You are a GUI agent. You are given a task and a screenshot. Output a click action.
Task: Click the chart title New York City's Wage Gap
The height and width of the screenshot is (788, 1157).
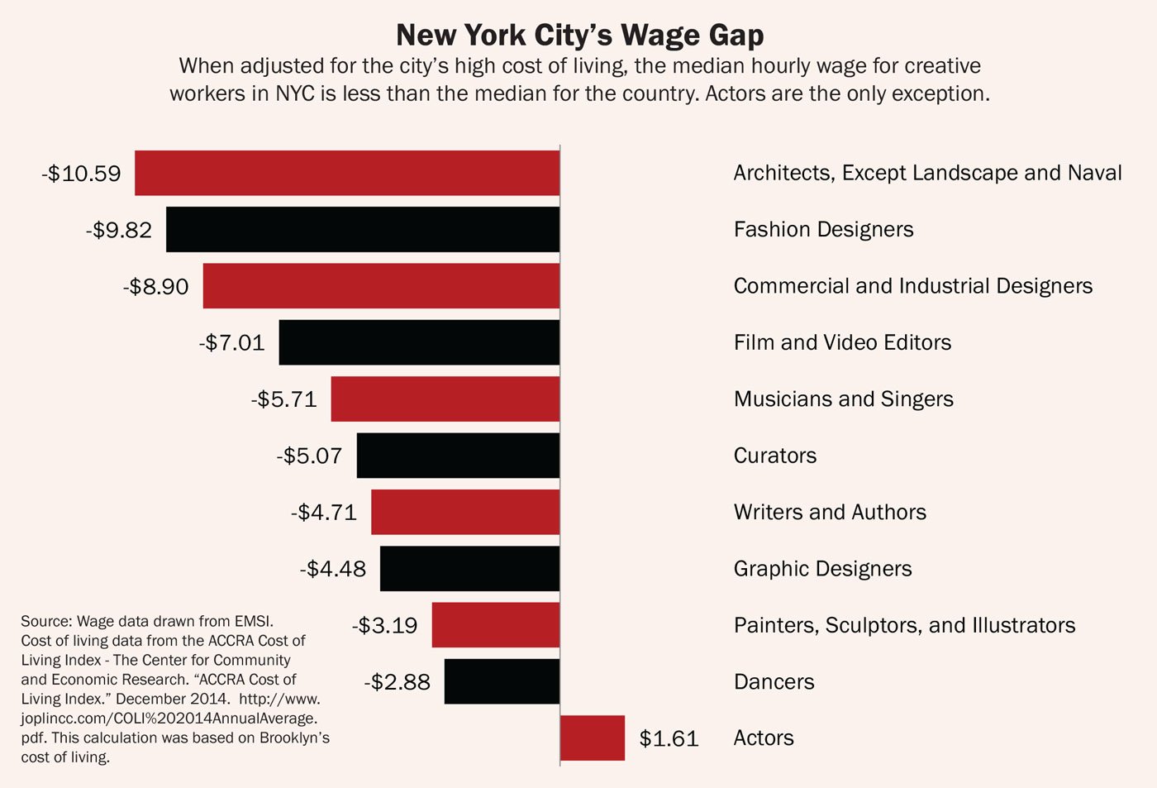pyautogui.click(x=579, y=35)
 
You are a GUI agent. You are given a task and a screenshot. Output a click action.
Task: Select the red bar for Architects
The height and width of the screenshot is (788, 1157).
pyautogui.click(x=347, y=173)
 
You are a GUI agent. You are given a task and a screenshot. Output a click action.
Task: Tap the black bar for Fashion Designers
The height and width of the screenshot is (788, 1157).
pyautogui.click(x=363, y=229)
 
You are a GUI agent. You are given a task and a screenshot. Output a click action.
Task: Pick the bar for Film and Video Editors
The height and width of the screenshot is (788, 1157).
pyautogui.click(x=419, y=342)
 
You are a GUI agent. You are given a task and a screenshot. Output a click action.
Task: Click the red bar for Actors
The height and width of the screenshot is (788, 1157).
pyautogui.click(x=593, y=738)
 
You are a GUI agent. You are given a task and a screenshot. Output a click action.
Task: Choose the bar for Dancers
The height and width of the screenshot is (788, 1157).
pyautogui.click(x=502, y=681)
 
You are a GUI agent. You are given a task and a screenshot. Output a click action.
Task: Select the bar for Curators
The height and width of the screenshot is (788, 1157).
pyautogui.click(x=458, y=456)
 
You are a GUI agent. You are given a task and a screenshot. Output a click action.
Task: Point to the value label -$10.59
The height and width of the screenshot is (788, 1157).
pyautogui.click(x=81, y=174)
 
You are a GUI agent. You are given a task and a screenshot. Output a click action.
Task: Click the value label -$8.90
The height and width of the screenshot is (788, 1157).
pyautogui.click(x=155, y=287)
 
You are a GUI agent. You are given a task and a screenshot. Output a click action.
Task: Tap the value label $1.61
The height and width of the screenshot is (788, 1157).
pyautogui.click(x=669, y=738)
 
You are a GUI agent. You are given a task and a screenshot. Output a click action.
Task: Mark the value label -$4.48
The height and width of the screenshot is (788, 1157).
pyautogui.click(x=332, y=569)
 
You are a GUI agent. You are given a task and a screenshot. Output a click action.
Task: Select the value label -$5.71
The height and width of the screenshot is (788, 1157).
pyautogui.click(x=283, y=399)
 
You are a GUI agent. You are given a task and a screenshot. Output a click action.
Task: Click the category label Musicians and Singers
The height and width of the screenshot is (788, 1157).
pyautogui.click(x=843, y=399)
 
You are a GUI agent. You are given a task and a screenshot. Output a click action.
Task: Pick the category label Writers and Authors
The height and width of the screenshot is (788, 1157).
pyautogui.click(x=830, y=513)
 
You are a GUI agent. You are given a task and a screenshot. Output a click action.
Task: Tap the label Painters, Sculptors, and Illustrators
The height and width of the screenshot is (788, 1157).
pyautogui.click(x=904, y=625)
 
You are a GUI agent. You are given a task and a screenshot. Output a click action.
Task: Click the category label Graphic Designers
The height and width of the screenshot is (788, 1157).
pyautogui.click(x=822, y=569)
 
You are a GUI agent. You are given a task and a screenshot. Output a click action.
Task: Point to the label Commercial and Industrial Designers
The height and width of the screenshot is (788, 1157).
pyautogui.click(x=912, y=286)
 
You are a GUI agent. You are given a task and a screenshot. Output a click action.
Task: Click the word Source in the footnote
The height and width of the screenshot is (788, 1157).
pyautogui.click(x=46, y=621)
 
